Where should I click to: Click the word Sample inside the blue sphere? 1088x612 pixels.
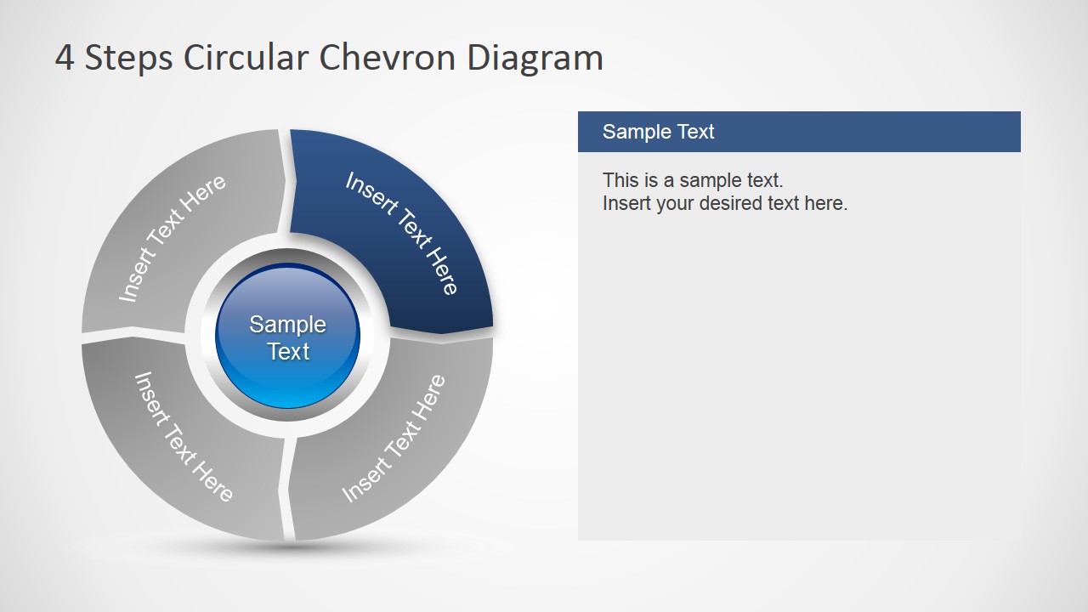pyautogui.click(x=287, y=324)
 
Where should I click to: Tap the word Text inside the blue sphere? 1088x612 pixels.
pyautogui.click(x=288, y=351)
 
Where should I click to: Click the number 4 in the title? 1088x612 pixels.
pyautogui.click(x=65, y=58)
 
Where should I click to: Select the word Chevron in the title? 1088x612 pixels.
pyautogui.click(x=387, y=58)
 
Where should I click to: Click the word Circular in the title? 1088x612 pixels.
pyautogui.click(x=246, y=58)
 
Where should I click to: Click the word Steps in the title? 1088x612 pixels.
pyautogui.click(x=128, y=58)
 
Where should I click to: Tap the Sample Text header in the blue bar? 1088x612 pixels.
pyautogui.click(x=658, y=132)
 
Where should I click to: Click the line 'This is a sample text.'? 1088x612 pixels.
pyautogui.click(x=692, y=180)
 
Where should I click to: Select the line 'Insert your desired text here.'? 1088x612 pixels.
pyautogui.click(x=724, y=203)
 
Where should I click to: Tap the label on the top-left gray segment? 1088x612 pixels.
pyautogui.click(x=173, y=238)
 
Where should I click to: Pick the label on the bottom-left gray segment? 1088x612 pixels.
pyautogui.click(x=184, y=436)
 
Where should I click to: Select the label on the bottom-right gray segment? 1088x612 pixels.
pyautogui.click(x=394, y=439)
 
